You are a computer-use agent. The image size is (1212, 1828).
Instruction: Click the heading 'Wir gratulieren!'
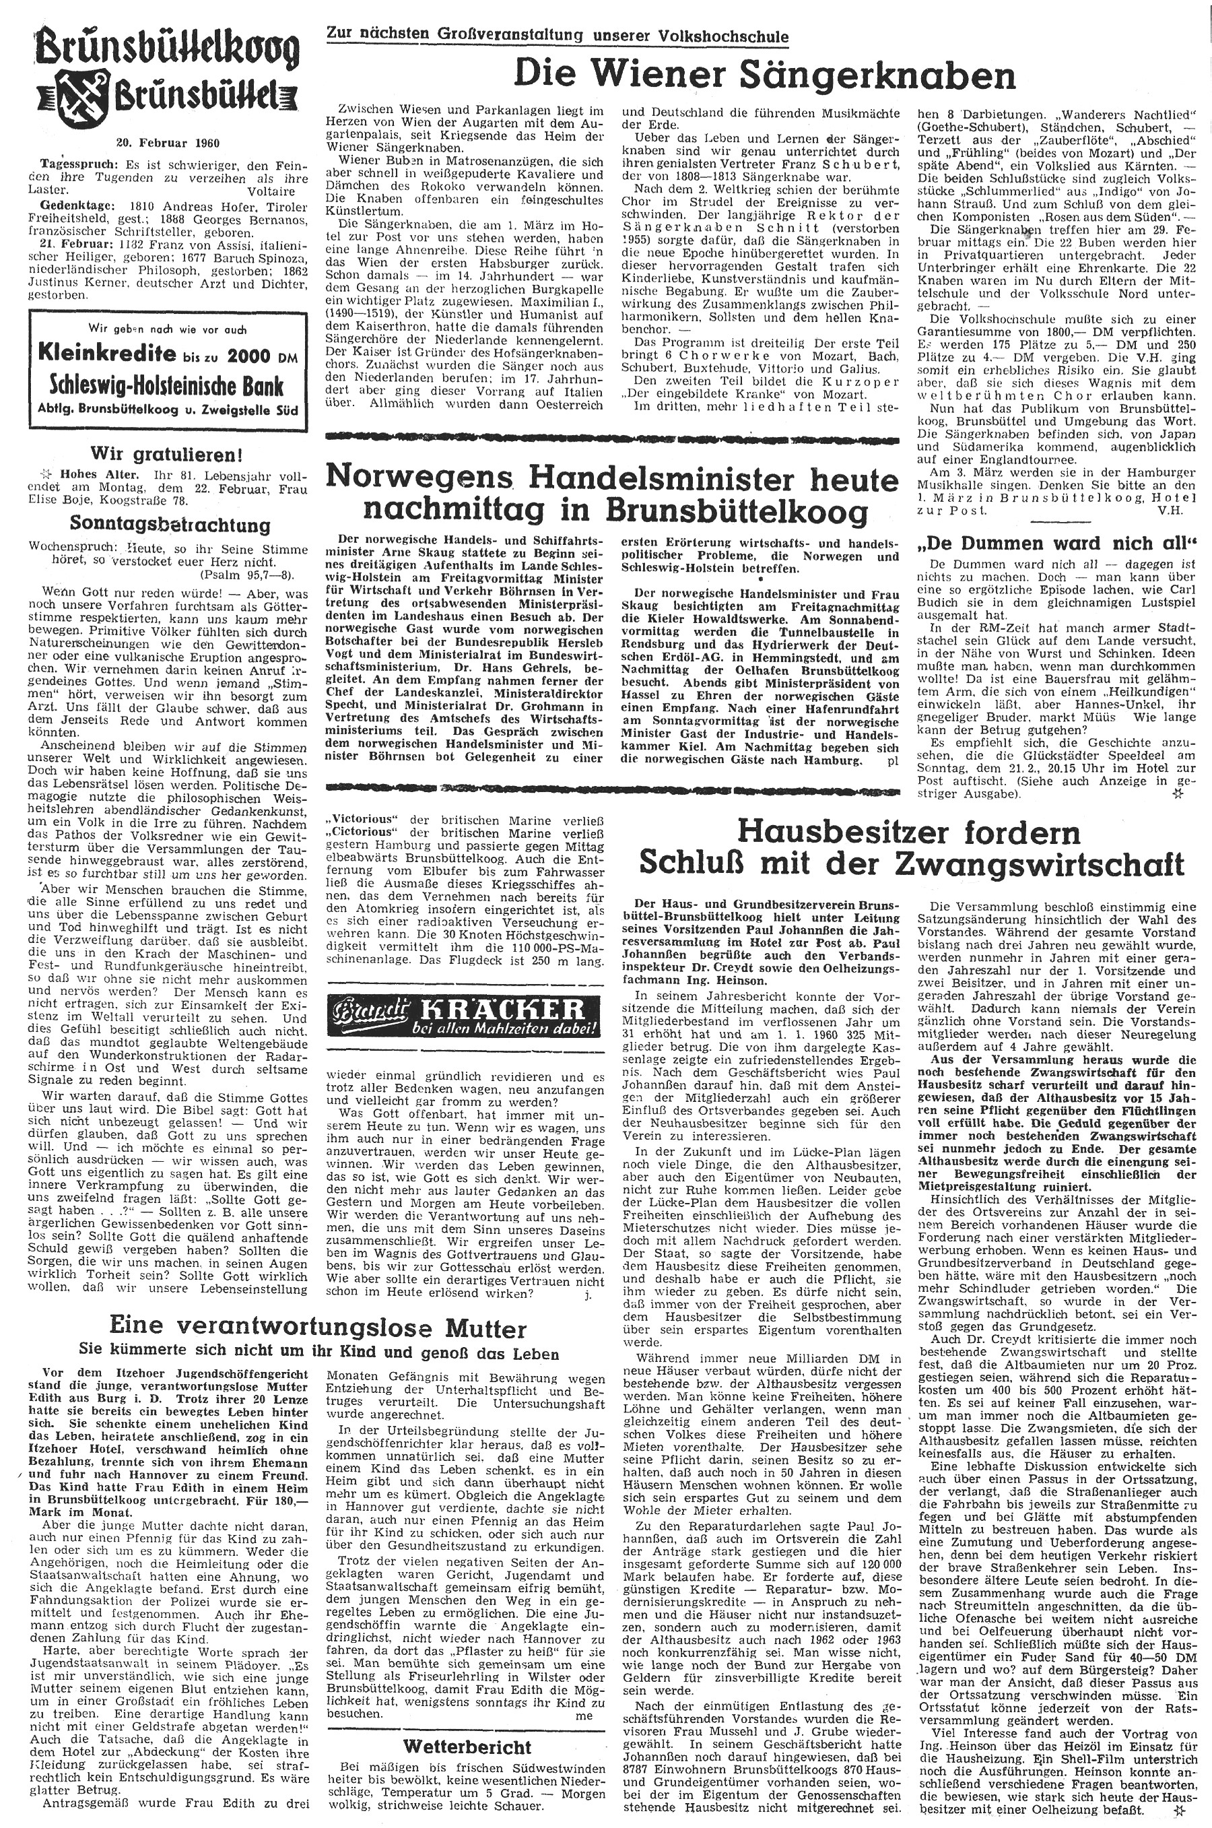[168, 454]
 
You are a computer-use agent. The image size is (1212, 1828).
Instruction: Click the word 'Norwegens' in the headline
[418, 480]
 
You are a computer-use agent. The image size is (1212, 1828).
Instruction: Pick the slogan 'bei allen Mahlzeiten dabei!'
[502, 1029]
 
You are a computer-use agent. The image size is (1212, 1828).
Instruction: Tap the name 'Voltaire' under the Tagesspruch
[272, 189]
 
